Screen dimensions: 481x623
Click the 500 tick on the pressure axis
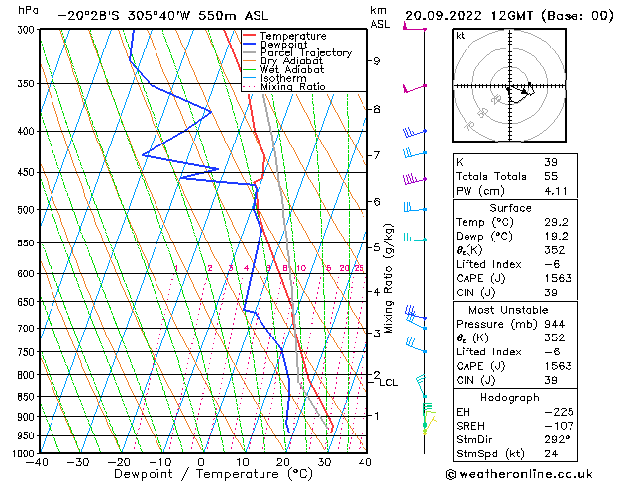(27, 210)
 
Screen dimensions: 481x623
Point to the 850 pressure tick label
(27, 396)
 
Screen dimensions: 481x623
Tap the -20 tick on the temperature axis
(119, 461)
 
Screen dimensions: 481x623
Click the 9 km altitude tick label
(377, 61)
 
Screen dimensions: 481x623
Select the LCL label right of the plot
(389, 382)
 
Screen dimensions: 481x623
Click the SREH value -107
(555, 425)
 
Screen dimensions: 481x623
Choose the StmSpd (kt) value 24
(550, 453)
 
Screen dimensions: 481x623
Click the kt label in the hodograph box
(460, 35)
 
